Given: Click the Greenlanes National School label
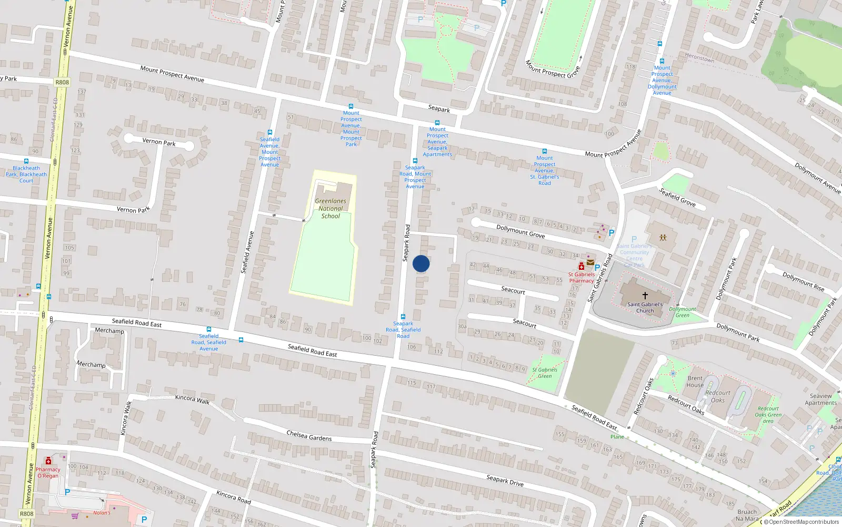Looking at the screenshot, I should (x=330, y=208).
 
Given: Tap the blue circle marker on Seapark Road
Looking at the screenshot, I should (x=421, y=263).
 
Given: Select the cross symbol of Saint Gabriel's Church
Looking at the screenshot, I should (x=645, y=296).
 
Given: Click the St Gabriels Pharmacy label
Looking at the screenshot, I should (x=582, y=277).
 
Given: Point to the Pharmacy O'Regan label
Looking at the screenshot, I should (x=48, y=472).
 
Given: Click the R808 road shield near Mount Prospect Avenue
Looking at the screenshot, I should (x=62, y=82).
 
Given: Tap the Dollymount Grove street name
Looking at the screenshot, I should (x=520, y=231).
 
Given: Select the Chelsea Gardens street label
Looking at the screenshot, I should (x=309, y=436).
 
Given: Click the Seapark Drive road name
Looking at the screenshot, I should (x=505, y=480).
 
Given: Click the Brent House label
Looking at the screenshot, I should (x=695, y=382).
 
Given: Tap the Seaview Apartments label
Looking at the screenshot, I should (x=820, y=399).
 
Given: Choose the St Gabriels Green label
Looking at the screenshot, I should (x=545, y=373).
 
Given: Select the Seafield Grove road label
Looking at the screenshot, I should (x=677, y=197).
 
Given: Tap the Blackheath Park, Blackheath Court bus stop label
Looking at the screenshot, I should (x=26, y=174).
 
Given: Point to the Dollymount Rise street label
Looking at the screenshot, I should (x=803, y=281).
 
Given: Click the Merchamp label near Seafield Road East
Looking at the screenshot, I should (x=109, y=330).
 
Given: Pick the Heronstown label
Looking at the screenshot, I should (x=699, y=57).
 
